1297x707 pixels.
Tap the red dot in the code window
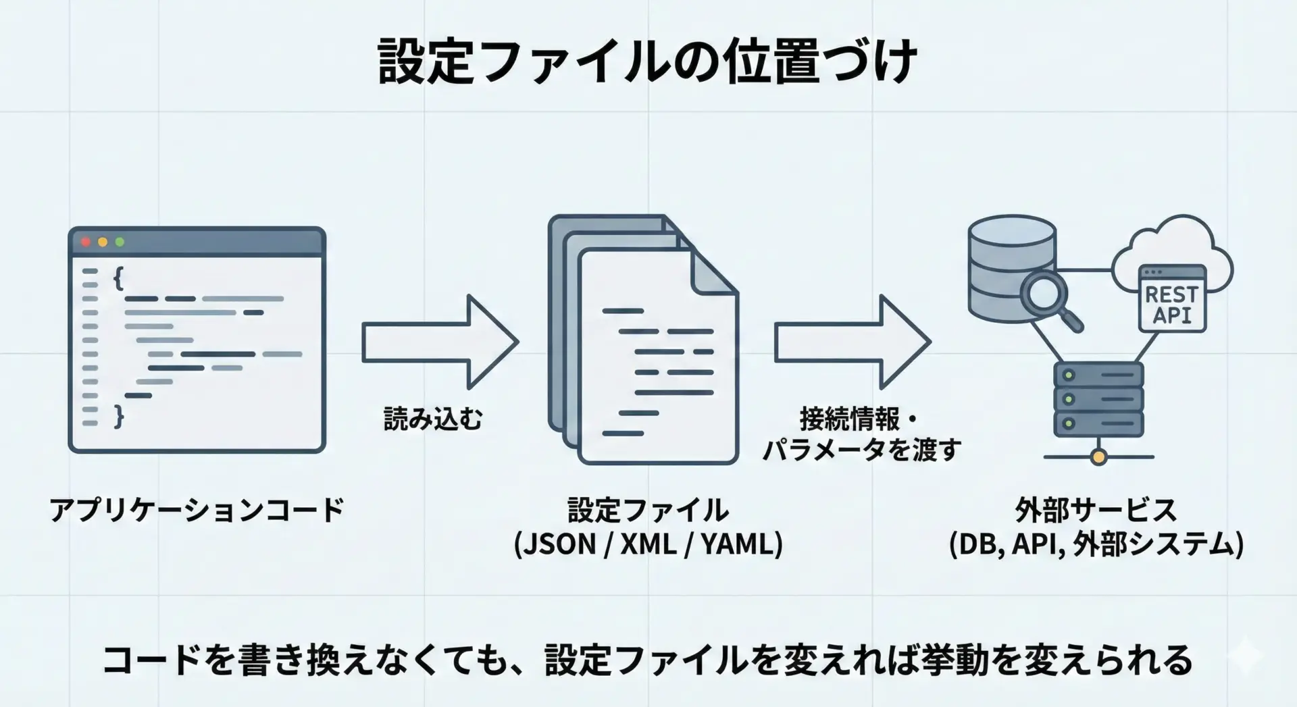(x=86, y=242)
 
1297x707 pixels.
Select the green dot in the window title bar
(x=120, y=242)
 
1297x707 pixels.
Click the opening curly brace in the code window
(x=118, y=278)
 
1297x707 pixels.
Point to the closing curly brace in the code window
(x=119, y=416)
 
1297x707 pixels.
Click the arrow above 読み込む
(x=440, y=342)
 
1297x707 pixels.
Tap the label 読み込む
(x=433, y=419)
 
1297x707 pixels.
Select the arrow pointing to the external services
(x=852, y=342)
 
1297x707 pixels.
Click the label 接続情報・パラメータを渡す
(x=861, y=434)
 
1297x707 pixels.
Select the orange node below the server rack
(x=1098, y=458)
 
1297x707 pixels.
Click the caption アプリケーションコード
(x=197, y=510)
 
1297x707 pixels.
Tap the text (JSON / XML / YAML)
(x=648, y=544)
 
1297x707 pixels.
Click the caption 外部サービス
(x=1096, y=510)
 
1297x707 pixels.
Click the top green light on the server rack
(x=1068, y=375)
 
